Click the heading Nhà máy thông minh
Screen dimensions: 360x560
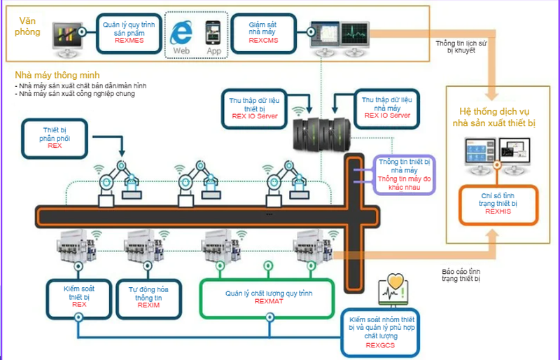[57, 75]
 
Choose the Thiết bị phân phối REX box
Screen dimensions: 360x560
[55, 137]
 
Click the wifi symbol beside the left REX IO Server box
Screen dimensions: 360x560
[300, 111]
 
